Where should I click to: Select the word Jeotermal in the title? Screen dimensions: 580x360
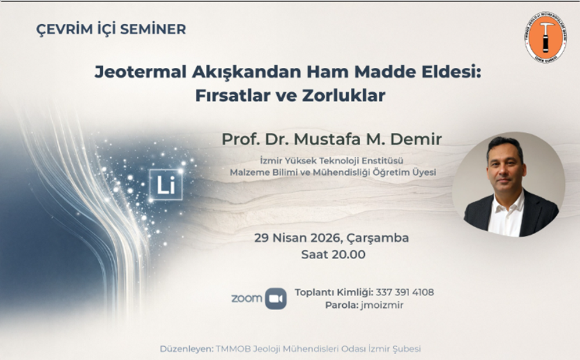tap(140, 72)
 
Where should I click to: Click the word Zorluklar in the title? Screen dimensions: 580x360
tap(343, 95)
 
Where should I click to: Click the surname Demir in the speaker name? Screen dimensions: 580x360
tap(416, 139)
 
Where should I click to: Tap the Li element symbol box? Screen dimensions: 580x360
tap(166, 184)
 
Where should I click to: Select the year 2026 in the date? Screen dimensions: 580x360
tap(325, 238)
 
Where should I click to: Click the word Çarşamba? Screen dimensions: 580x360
tap(378, 238)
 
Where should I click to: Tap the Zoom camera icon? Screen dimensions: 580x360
tap(276, 299)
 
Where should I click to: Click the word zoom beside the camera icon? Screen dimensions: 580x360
tap(246, 299)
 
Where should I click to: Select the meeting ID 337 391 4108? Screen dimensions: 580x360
tap(405, 292)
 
